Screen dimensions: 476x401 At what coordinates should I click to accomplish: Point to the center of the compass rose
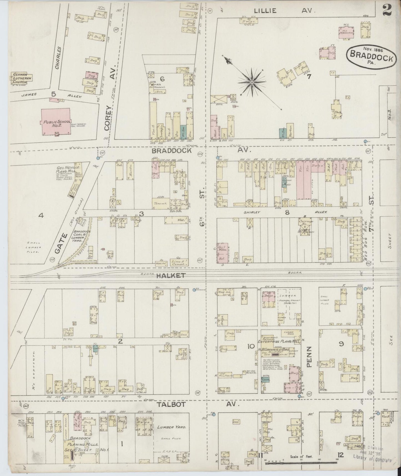pyautogui.click(x=252, y=82)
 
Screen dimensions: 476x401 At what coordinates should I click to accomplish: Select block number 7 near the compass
pyautogui.click(x=309, y=77)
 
